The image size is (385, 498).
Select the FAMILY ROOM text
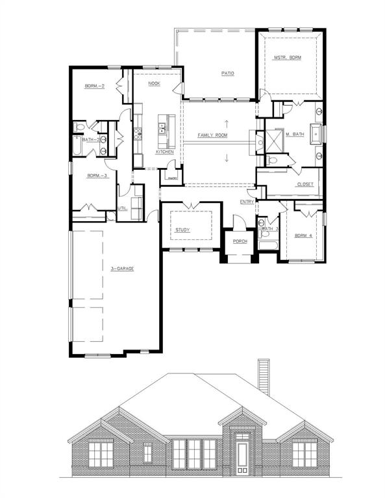(x=212, y=135)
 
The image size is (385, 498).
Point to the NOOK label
(x=154, y=84)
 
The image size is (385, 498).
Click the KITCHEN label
(x=164, y=152)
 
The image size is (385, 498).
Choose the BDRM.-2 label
(x=93, y=86)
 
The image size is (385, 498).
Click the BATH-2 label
(x=90, y=139)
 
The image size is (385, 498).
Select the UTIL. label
(x=122, y=208)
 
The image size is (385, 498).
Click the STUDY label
(x=182, y=230)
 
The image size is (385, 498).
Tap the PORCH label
(x=240, y=242)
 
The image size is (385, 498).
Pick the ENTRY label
(x=247, y=202)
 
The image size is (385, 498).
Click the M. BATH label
(x=295, y=134)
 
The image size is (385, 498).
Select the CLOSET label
(x=304, y=184)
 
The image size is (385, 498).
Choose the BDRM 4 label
(x=303, y=235)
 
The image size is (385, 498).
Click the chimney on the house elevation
(x=264, y=376)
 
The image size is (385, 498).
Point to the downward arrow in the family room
(x=227, y=158)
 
